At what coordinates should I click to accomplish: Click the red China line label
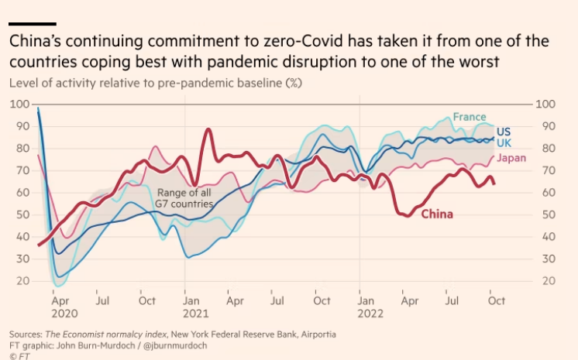437,214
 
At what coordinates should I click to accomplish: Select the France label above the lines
470,117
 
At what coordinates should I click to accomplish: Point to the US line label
504,132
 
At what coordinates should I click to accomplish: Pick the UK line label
504,144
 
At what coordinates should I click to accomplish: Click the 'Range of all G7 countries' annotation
185,198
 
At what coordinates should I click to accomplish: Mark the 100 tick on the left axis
19,105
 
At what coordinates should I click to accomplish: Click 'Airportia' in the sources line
312,334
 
